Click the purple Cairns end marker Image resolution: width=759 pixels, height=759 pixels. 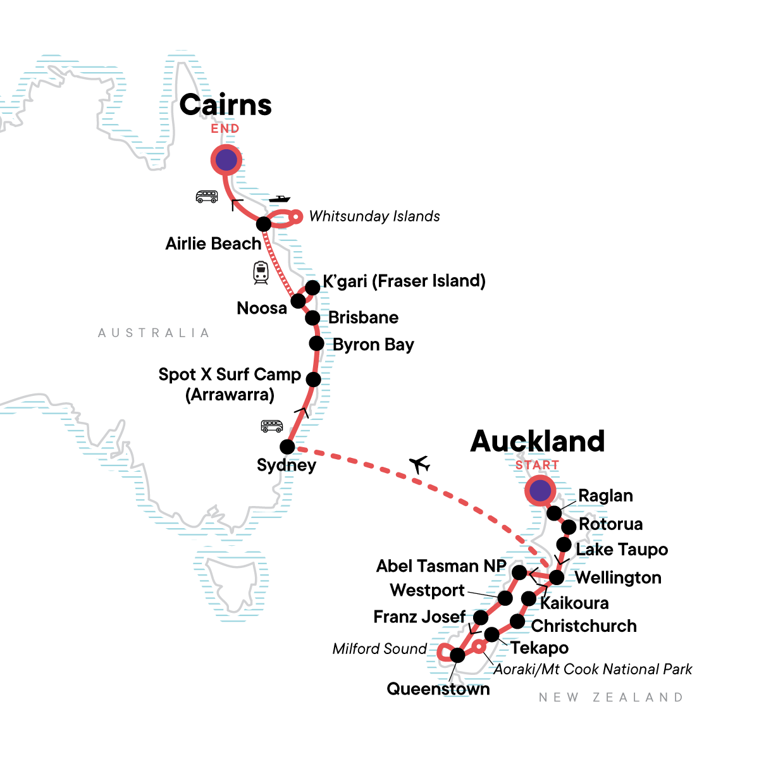tap(226, 161)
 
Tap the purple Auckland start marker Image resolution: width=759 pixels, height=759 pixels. tap(540, 491)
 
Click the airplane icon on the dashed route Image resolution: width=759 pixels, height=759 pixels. tap(419, 465)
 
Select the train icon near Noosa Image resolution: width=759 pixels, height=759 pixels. tap(261, 272)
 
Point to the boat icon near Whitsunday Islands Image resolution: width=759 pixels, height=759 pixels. tap(279, 199)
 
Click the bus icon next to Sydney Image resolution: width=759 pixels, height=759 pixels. tap(272, 426)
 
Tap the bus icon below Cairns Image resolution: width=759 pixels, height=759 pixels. tap(207, 197)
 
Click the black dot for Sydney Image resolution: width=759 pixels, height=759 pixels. tap(287, 447)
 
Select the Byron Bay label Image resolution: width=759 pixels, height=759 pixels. tap(373, 345)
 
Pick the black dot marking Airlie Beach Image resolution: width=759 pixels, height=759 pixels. tap(264, 224)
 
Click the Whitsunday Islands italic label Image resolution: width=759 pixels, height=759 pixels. tap(374, 216)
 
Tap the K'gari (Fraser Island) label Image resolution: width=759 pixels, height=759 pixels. tap(404, 281)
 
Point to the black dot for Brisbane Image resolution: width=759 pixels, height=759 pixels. tap(312, 318)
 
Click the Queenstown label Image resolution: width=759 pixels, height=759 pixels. tap(438, 689)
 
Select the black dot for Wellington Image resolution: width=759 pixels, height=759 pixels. tap(557, 577)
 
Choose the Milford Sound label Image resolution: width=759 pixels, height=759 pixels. tap(379, 649)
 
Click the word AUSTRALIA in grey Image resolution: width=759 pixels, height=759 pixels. tap(154, 333)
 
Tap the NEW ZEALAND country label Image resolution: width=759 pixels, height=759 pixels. tap(611, 698)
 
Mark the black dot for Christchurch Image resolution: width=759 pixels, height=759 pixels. tap(517, 622)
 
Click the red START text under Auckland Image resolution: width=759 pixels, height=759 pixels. tap(537, 465)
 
